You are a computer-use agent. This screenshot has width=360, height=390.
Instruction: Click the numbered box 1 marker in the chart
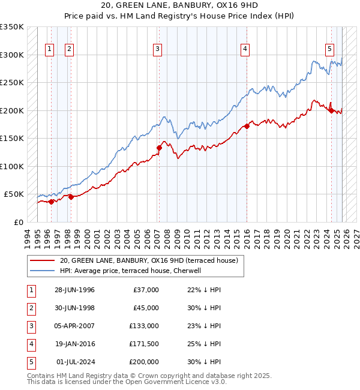pyautogui.click(x=49, y=49)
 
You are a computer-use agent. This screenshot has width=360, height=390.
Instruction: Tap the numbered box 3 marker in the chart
pyautogui.click(x=157, y=49)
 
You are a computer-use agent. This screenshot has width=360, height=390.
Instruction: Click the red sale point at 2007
pyautogui.click(x=159, y=148)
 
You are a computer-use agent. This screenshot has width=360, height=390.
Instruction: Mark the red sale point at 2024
pyautogui.click(x=331, y=110)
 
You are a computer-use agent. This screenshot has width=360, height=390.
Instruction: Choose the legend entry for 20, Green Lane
pyautogui.click(x=149, y=260)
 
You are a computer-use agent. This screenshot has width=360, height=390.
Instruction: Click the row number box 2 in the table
pyautogui.click(x=30, y=308)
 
